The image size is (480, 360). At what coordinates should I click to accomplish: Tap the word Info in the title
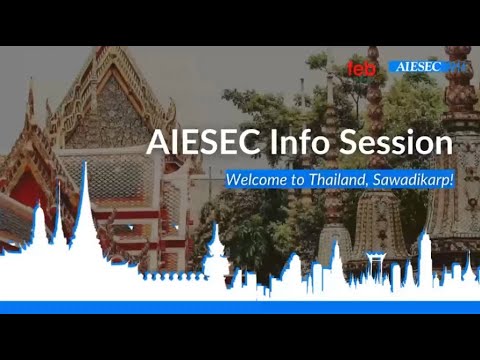(293, 143)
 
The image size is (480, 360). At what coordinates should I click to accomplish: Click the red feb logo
(360, 68)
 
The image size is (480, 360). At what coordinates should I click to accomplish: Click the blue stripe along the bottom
(240, 307)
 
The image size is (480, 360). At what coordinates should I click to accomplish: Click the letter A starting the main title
(157, 143)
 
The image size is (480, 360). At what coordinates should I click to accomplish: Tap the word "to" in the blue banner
(298, 180)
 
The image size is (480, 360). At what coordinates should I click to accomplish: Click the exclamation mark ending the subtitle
(452, 179)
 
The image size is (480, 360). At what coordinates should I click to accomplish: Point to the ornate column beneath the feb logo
(375, 130)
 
